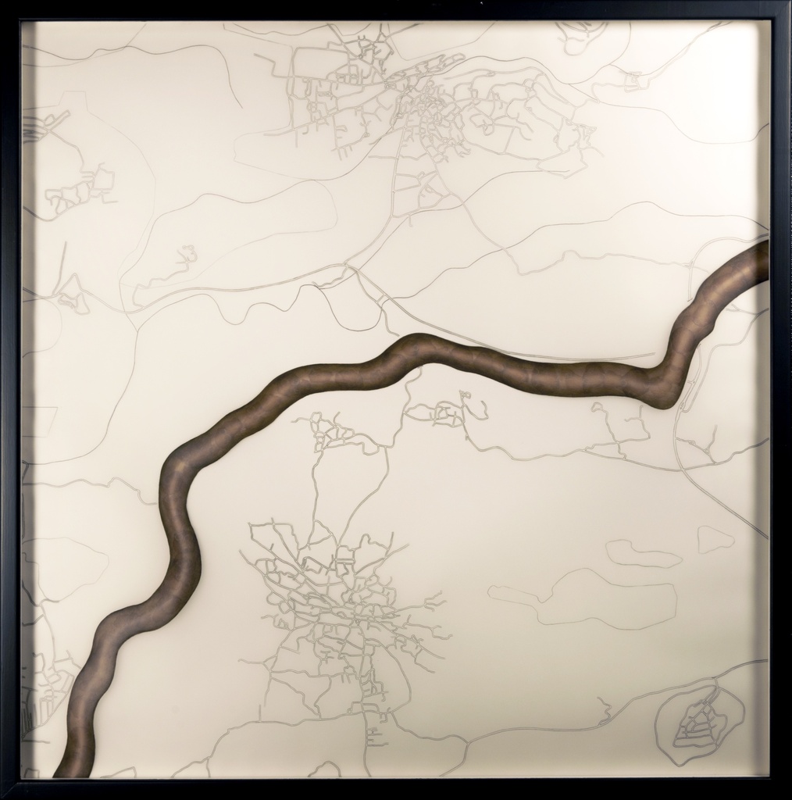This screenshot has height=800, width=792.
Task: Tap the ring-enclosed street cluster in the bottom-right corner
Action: click(697, 723)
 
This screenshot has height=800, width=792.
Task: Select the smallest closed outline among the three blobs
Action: click(715, 539)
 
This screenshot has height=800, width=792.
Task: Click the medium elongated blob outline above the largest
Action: click(642, 553)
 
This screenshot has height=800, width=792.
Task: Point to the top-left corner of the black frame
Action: click(6, 6)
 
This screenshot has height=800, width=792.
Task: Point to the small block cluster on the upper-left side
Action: click(78, 190)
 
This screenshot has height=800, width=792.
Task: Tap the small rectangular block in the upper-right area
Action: click(633, 80)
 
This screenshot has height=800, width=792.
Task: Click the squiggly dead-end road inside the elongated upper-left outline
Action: click(186, 256)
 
